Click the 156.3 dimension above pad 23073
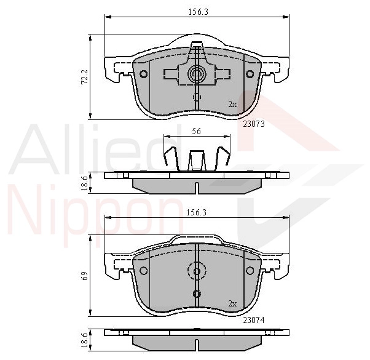198,12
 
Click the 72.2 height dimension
84,77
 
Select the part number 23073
254,124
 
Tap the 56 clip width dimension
196,131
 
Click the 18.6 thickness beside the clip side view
84,183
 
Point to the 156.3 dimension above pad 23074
197,212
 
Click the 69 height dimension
85,276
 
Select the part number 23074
254,320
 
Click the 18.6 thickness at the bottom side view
84,340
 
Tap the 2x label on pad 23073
232,104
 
